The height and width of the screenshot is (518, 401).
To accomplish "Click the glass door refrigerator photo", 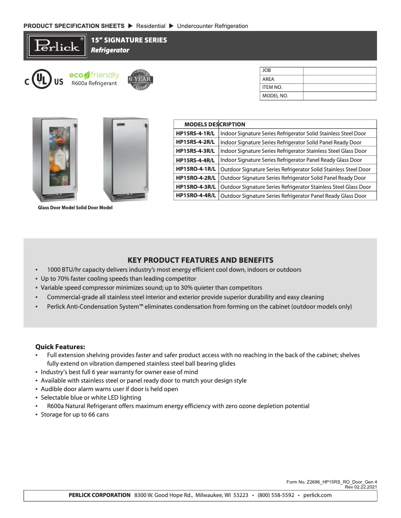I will tap(54, 158).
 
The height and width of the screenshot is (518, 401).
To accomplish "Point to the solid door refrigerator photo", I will tap(125, 158).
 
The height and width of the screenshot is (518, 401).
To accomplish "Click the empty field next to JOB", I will tap(339, 71).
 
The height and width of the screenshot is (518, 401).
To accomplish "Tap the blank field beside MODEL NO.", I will tap(339, 96).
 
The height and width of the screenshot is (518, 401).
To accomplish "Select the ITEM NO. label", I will tap(272, 87).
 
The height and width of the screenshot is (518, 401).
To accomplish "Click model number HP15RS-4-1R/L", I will tap(195, 133).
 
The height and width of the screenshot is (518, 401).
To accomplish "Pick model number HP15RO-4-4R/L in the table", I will tap(195, 195).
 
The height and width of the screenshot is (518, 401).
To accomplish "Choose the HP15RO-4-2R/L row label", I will tap(195, 177).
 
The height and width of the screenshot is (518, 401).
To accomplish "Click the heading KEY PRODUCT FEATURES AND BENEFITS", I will tap(200, 260).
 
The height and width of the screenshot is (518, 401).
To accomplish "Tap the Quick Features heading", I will tap(60, 347).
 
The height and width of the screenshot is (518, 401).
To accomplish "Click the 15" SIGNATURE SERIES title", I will tap(129, 40).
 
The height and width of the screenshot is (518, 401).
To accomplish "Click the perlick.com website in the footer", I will tap(317, 495).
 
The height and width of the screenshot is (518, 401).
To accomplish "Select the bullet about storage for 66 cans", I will tap(74, 415).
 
